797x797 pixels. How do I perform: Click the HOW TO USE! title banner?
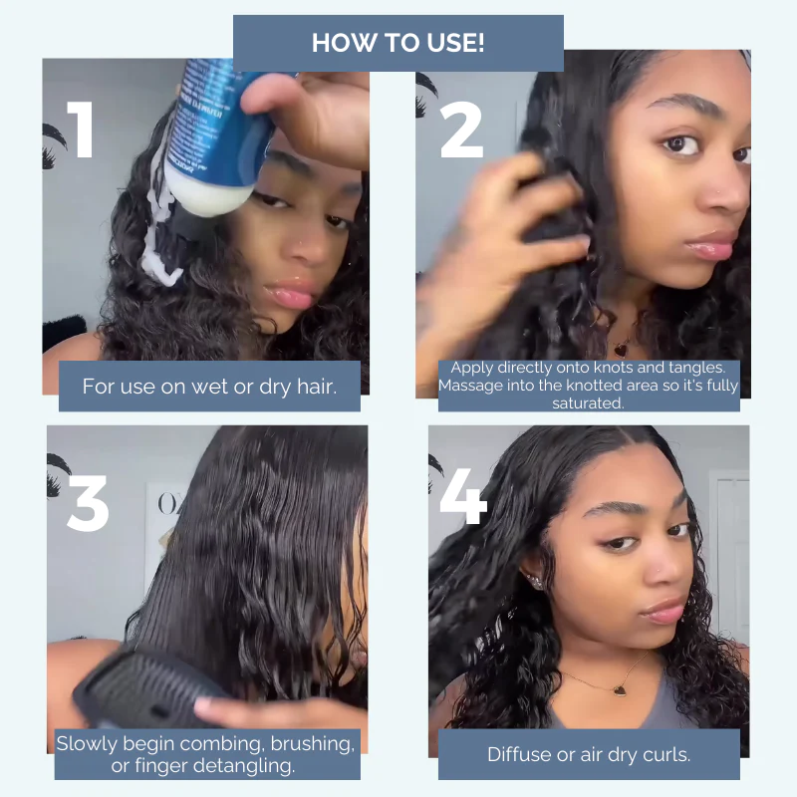398,43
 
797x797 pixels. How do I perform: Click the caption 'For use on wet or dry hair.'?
209,387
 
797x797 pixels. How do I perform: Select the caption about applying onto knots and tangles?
589,386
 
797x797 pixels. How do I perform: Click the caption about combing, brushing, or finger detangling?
205,755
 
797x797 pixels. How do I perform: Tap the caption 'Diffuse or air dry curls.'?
589,754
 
